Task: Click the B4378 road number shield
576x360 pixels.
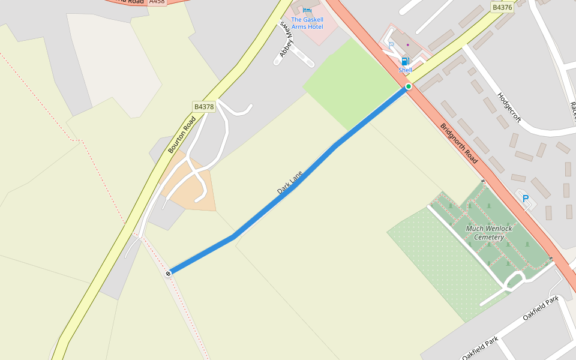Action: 203,107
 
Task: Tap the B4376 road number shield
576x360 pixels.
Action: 502,7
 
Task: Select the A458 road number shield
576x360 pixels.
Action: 157,2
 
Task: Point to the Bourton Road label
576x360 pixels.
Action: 182,135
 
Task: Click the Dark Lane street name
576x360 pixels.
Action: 289,182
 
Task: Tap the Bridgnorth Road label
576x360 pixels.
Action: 459,143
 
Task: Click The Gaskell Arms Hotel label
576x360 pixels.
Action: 307,23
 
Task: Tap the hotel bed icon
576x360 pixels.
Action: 307,10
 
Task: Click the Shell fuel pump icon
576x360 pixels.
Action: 405,61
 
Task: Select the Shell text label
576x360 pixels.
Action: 405,70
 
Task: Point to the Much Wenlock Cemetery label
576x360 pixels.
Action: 489,233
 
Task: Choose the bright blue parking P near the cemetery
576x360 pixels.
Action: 526,199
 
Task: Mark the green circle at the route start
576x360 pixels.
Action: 409,87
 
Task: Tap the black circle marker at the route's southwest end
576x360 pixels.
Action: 168,274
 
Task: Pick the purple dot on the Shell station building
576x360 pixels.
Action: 408,44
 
